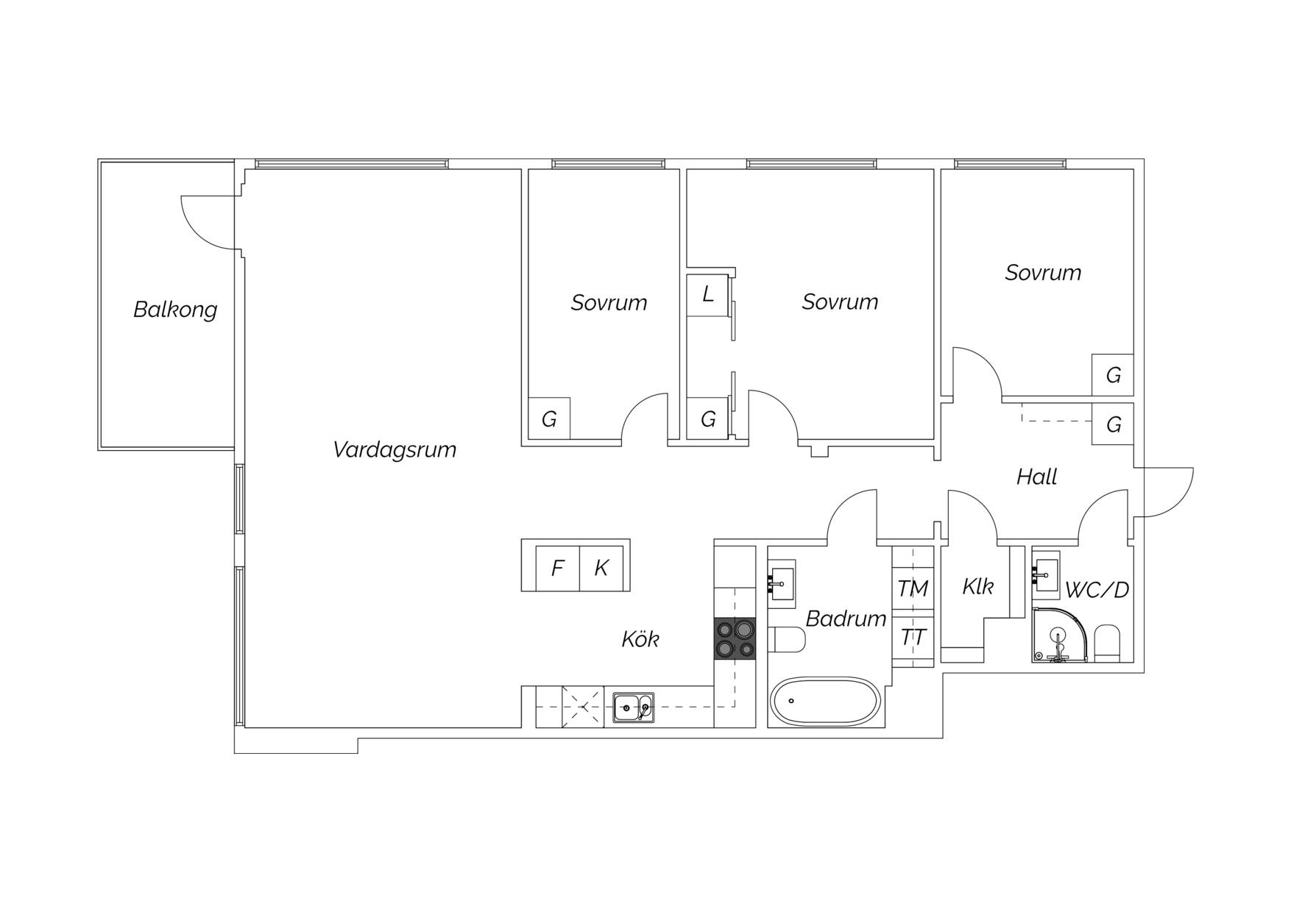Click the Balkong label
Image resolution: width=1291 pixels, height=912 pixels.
click(x=175, y=310)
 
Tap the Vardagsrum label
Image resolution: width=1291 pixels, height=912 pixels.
click(x=395, y=449)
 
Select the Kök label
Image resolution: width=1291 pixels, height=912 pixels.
click(x=640, y=639)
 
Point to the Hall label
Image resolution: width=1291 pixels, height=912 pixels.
click(x=1036, y=477)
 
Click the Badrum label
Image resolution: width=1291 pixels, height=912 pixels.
click(x=846, y=619)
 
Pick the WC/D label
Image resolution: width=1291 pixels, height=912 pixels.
click(x=1097, y=590)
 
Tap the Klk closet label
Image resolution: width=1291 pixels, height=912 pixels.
click(x=977, y=586)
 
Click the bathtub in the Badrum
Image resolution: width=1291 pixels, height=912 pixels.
click(x=824, y=702)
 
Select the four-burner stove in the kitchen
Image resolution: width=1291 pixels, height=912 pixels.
click(x=735, y=638)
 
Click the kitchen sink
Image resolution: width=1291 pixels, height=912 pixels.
click(x=634, y=708)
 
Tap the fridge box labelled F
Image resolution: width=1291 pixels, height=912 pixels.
click(x=558, y=568)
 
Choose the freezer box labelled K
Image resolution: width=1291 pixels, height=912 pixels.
click(x=601, y=568)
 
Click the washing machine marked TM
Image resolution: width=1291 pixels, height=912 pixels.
click(x=913, y=588)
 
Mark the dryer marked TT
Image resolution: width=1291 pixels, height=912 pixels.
click(x=913, y=638)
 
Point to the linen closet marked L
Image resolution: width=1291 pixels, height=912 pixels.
click(x=707, y=295)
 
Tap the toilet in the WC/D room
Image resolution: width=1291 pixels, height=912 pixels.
click(x=1106, y=644)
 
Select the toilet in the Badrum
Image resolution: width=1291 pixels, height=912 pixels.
click(x=787, y=640)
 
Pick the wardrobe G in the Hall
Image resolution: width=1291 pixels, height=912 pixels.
click(x=1113, y=424)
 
